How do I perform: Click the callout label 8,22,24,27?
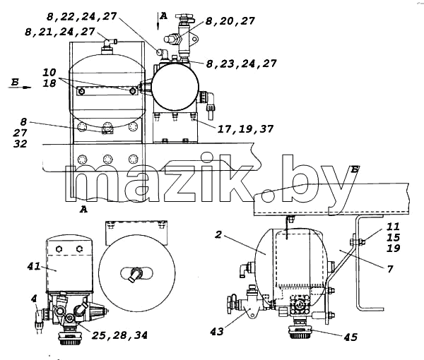click(x=82, y=17)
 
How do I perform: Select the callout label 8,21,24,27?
click(x=60, y=32)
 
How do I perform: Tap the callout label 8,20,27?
click(x=230, y=21)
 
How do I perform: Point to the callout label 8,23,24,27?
click(x=242, y=64)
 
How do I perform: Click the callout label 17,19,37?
click(x=245, y=129)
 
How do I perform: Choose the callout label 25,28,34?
click(x=120, y=335)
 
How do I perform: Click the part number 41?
click(x=34, y=267)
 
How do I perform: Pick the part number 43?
click(x=217, y=331)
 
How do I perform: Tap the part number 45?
click(x=351, y=337)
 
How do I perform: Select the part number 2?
click(x=218, y=234)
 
